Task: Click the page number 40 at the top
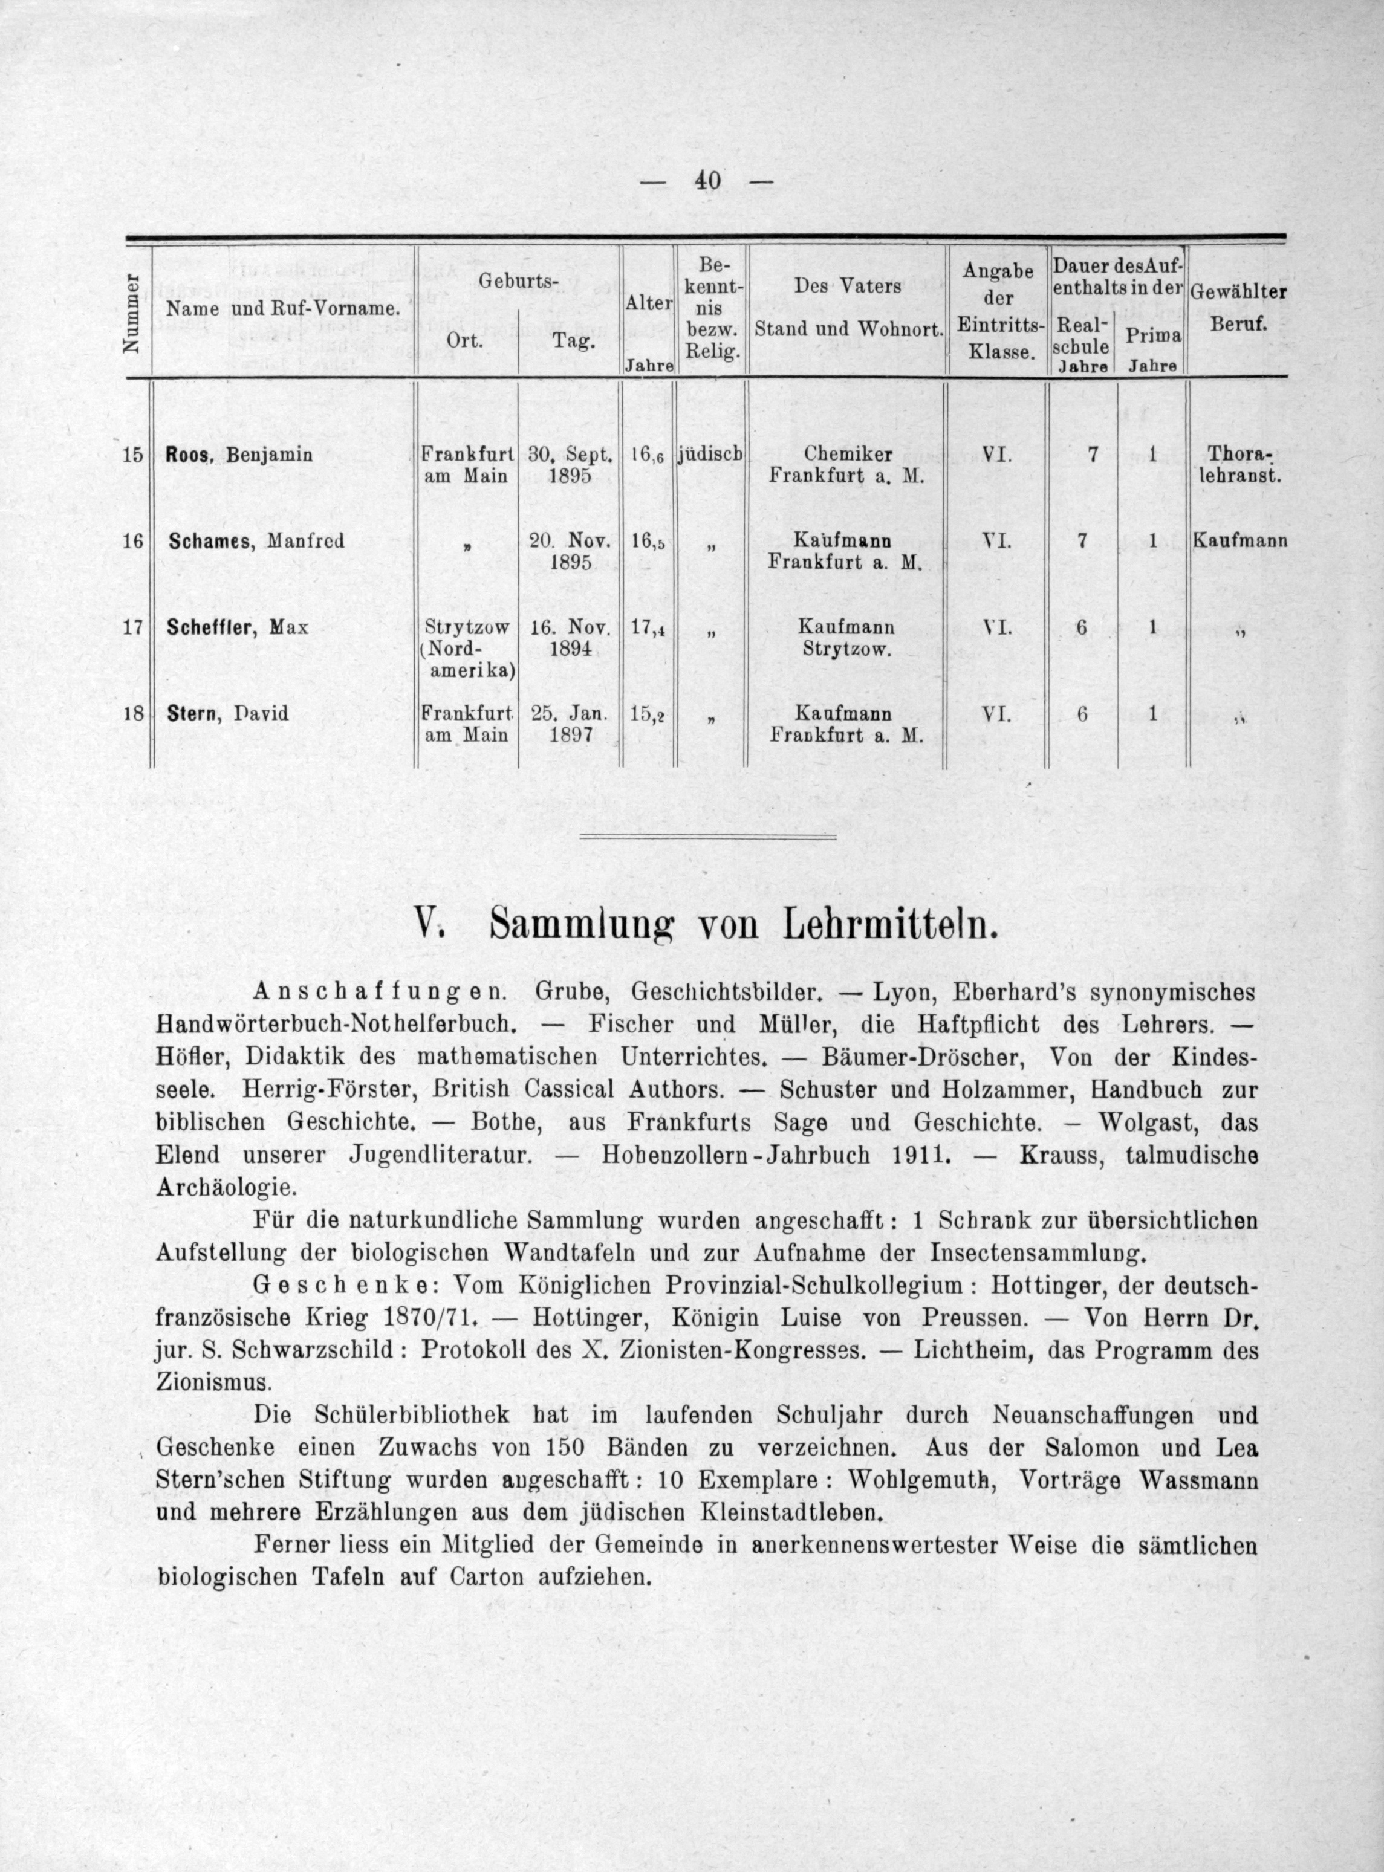coord(707,181)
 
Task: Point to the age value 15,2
coord(648,714)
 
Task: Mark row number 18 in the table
coord(132,714)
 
